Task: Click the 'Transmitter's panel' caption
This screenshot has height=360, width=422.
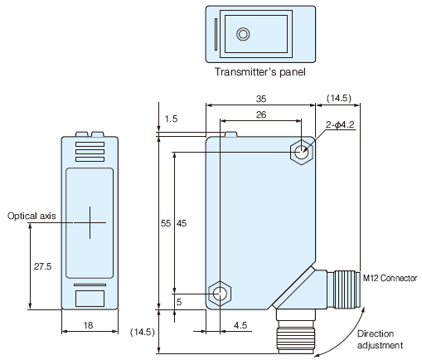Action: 260,72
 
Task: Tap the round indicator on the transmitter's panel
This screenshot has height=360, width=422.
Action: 243,34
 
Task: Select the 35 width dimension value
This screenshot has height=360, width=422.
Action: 261,99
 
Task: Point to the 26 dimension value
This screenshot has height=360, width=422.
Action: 261,114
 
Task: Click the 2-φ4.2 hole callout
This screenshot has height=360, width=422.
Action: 340,124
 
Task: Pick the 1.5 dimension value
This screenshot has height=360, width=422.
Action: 171,119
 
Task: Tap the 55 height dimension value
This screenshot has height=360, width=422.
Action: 166,223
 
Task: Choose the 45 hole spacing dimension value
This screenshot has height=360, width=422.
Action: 182,223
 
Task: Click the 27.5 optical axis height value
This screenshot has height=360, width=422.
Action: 43,266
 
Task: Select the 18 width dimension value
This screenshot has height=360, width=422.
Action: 88,325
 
